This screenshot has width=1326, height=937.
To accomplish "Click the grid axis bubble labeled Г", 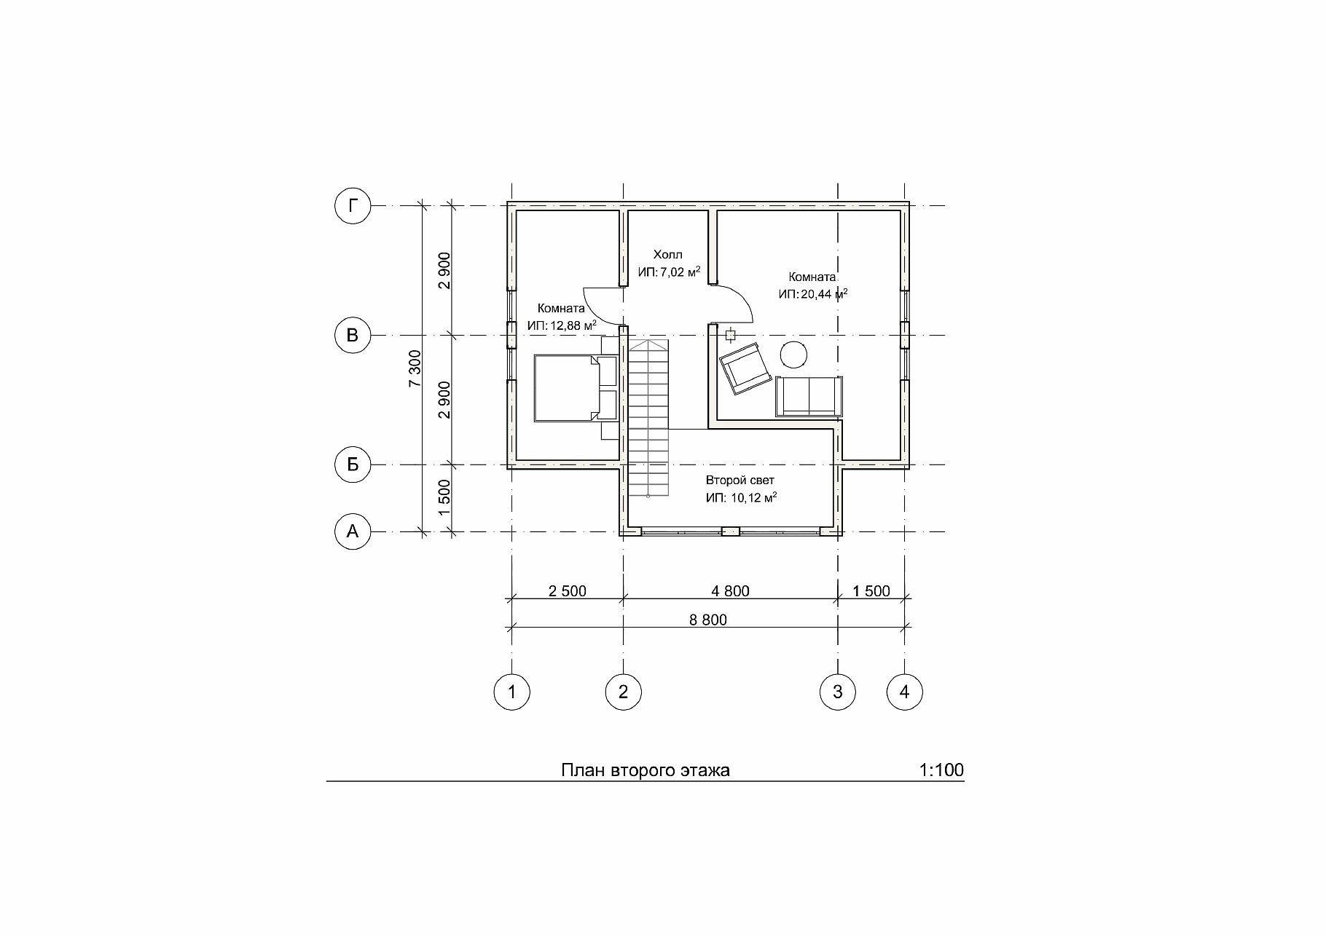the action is pos(353,206).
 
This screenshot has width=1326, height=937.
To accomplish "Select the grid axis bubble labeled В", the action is pos(353,336).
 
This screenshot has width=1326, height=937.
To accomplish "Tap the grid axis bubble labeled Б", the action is pos(353,464).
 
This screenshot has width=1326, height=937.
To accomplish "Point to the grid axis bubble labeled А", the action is pos(353,532).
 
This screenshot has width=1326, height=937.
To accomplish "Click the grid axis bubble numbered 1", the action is pos(512,692).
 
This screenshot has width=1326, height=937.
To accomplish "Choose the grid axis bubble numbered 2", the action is pos(623,692).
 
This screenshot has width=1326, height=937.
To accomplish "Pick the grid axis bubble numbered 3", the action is pos(837,692).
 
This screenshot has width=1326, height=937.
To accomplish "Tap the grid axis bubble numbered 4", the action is pos(905,692).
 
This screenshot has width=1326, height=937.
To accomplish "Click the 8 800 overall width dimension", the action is pos(708,620).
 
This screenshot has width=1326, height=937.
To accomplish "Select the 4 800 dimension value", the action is pos(731,591).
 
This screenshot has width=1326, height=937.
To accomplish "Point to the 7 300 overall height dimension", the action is pos(414,369).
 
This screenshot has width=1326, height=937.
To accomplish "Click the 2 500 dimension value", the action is pos(568,591).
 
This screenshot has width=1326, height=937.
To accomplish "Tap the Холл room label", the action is pos(668,255).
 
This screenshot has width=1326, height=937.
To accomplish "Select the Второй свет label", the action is pos(740,481).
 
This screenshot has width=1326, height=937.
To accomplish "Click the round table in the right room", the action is pos(793,355).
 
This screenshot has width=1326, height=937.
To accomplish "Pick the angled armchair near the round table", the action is pos(745,368).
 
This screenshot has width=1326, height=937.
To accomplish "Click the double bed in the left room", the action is pos(576,387).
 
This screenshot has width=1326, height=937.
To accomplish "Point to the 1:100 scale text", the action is pos(941,770).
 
